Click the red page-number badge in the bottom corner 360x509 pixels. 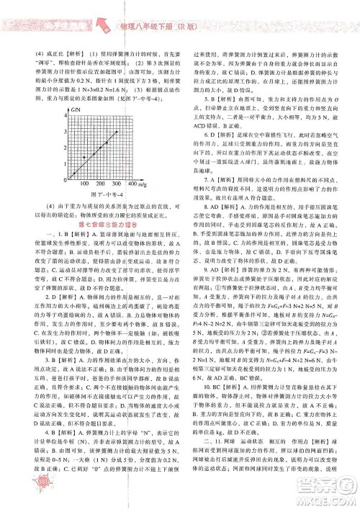26,497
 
